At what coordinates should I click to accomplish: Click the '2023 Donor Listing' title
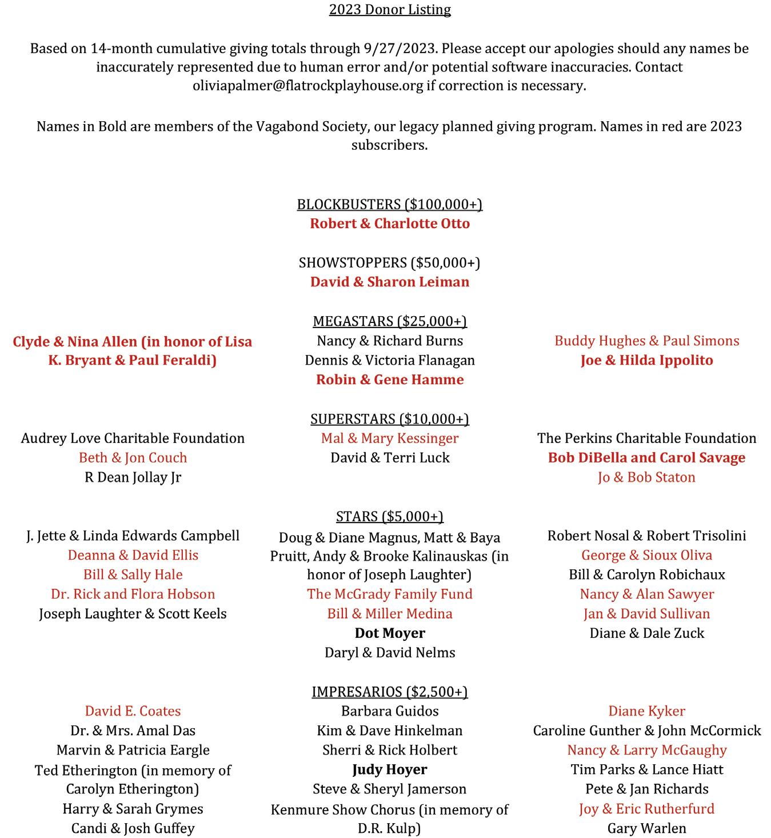(x=390, y=10)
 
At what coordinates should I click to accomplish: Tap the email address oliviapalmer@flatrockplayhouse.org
(x=308, y=86)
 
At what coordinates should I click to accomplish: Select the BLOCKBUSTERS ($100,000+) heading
(x=390, y=205)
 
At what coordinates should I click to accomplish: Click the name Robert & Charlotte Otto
(x=390, y=224)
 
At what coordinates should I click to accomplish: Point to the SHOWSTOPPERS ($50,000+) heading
(x=390, y=263)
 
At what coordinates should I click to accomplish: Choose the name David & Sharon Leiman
(x=390, y=282)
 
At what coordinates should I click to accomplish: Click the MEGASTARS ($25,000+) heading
(x=390, y=321)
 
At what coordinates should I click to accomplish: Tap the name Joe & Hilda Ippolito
(x=646, y=360)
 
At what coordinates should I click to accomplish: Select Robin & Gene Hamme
(x=390, y=380)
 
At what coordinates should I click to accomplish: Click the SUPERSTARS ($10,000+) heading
(x=390, y=419)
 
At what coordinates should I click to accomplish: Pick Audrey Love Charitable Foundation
(x=133, y=438)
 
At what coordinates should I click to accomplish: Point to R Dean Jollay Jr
(x=133, y=477)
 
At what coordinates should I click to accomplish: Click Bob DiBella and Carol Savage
(x=646, y=458)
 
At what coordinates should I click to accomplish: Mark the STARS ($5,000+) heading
(x=390, y=517)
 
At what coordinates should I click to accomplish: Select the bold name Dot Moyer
(x=390, y=633)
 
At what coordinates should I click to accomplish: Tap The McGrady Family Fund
(x=390, y=594)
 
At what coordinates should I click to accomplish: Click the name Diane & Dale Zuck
(x=646, y=633)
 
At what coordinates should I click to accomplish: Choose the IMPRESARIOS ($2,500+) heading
(x=390, y=692)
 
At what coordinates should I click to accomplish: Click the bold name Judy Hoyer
(x=390, y=770)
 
